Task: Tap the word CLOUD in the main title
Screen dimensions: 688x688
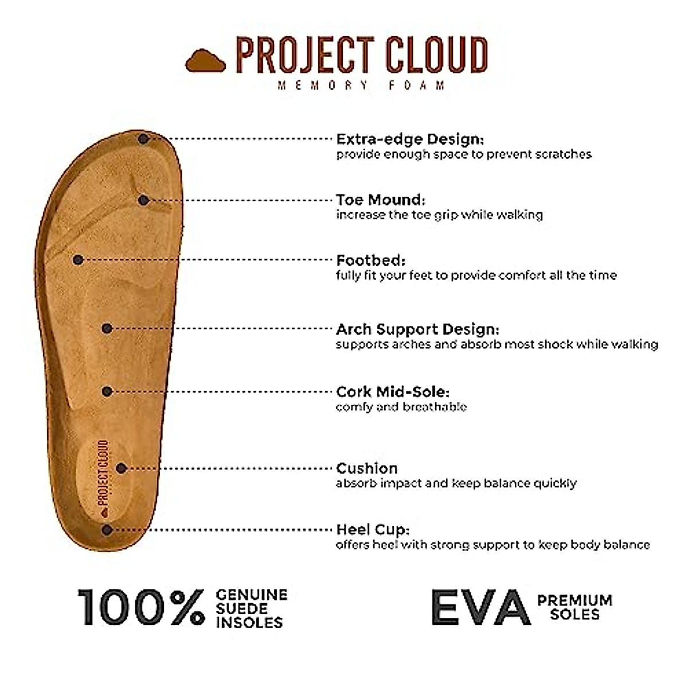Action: point(435,55)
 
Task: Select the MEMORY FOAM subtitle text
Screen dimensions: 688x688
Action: point(361,85)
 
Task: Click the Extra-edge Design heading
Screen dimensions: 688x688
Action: point(410,139)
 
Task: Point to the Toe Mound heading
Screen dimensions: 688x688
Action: point(381,200)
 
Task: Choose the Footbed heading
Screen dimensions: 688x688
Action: point(371,260)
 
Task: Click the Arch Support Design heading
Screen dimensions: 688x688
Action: point(417,330)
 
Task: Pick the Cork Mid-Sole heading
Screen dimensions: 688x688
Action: point(393,392)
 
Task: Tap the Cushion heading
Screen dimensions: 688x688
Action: point(367,468)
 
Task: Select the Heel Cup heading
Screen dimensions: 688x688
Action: point(373,530)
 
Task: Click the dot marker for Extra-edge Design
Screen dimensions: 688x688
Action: point(143,139)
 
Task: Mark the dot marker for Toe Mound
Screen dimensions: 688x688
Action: point(144,200)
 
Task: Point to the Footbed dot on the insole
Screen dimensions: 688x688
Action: point(79,260)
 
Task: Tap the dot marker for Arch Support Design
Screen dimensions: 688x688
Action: point(107,329)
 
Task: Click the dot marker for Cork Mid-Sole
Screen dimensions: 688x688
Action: point(107,391)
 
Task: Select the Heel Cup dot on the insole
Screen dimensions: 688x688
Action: point(107,530)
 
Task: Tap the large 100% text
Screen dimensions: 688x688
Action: point(141,607)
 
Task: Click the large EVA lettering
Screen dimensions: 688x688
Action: point(480,607)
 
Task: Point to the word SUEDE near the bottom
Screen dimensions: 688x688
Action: point(242,608)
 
